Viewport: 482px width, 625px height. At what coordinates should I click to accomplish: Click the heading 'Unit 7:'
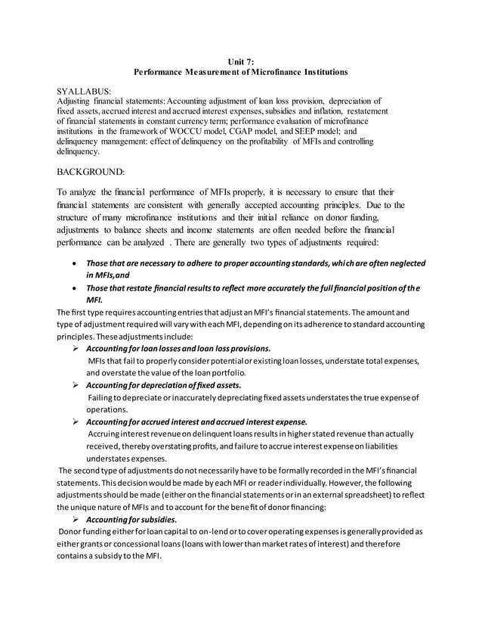(x=240, y=61)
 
